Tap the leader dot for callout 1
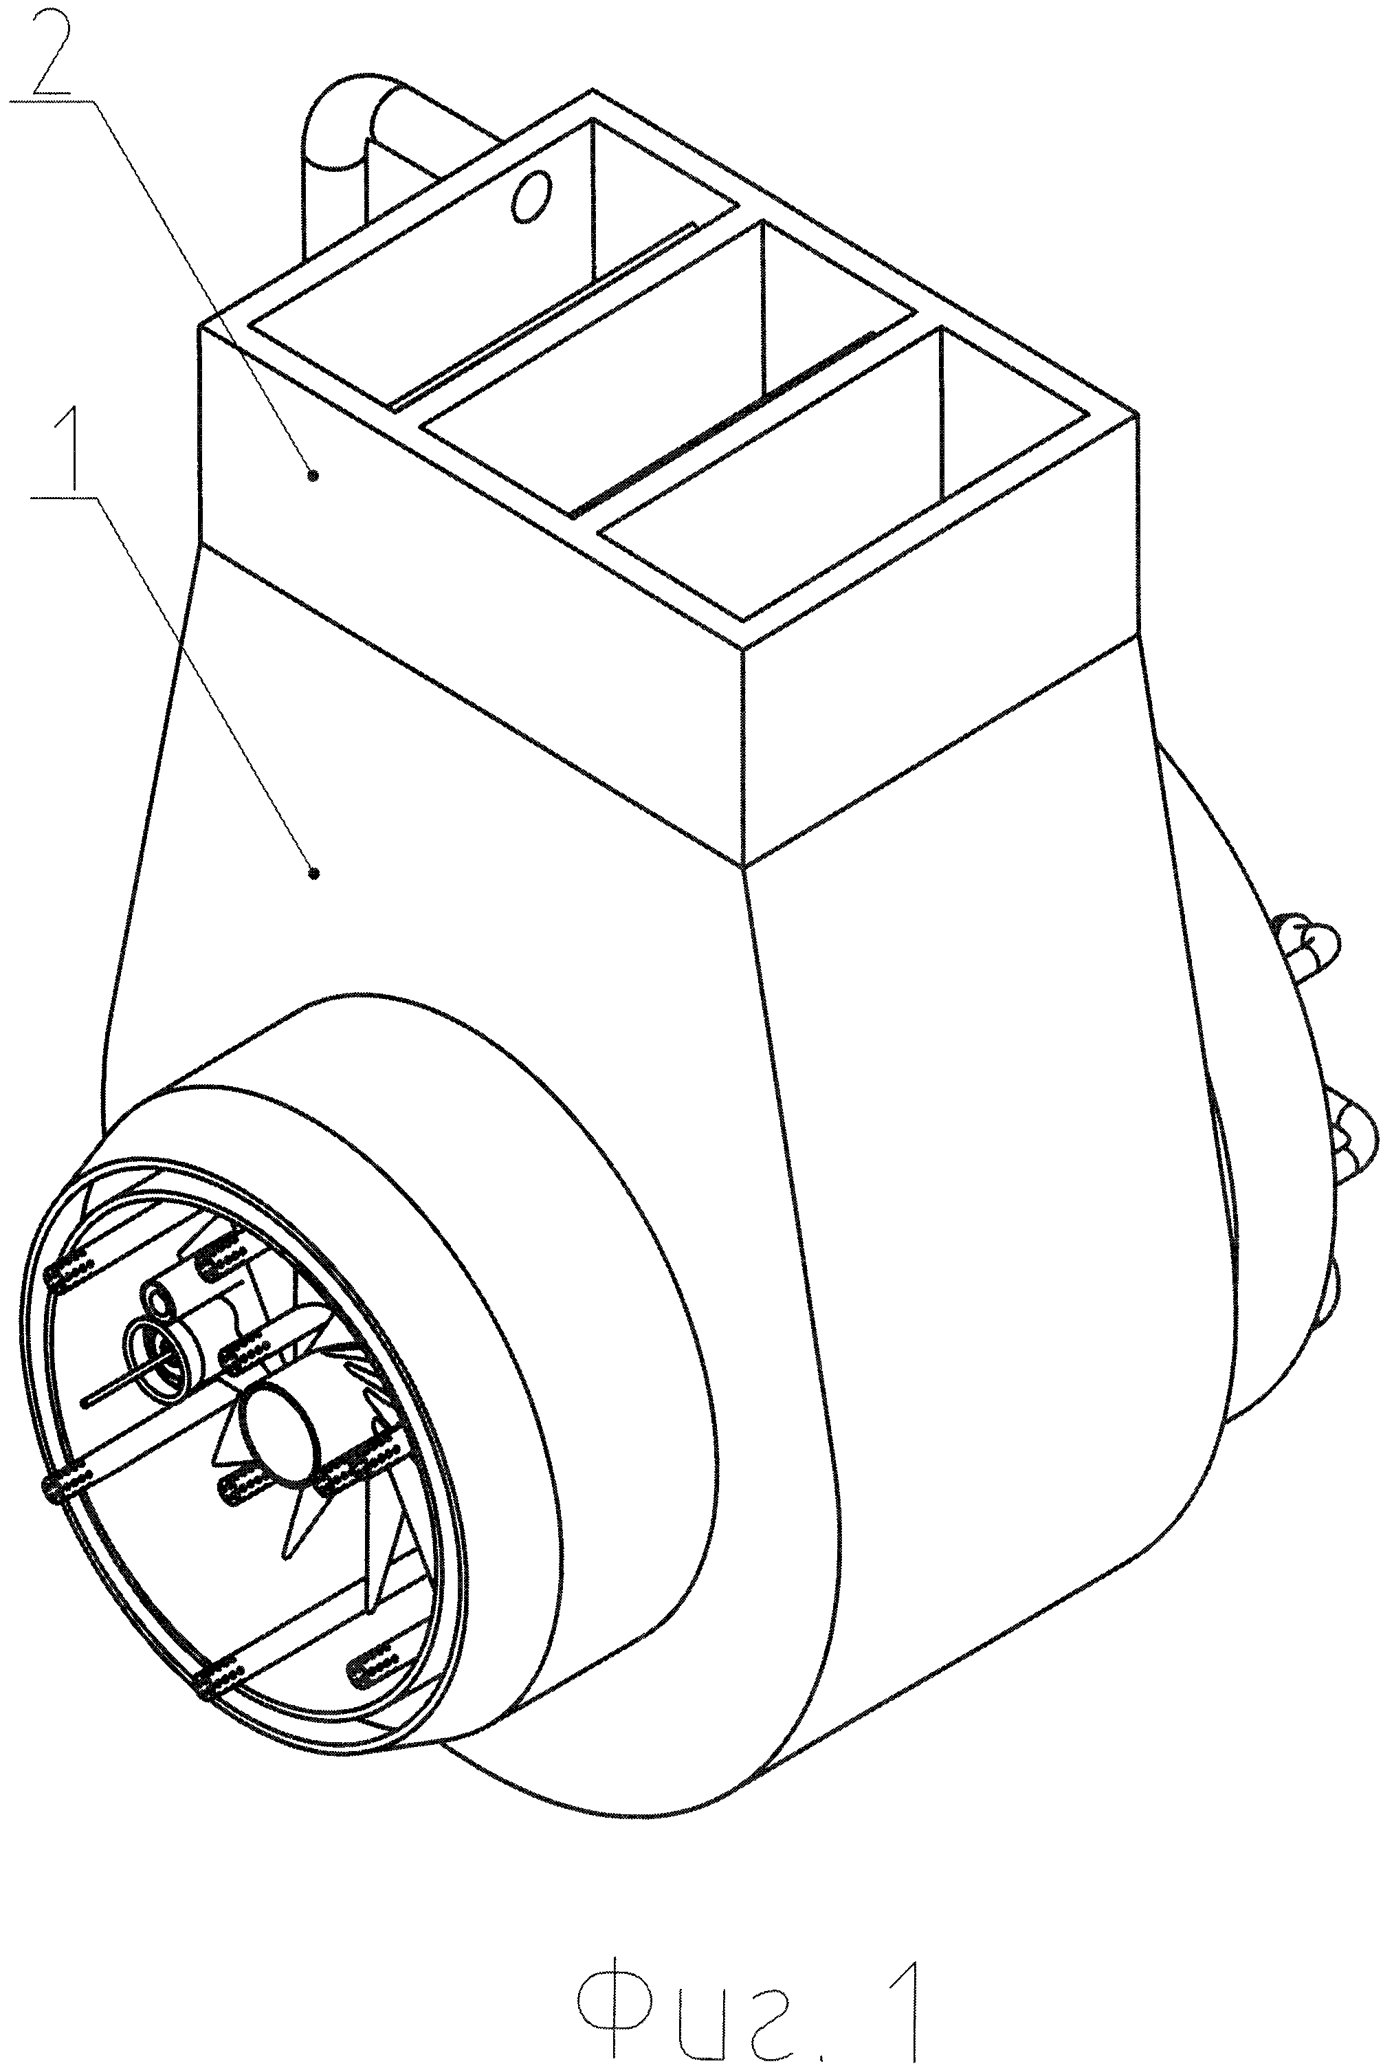(x=312, y=873)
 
